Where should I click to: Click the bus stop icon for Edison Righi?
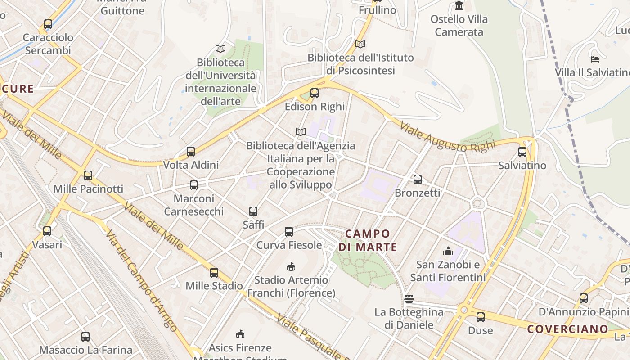pyautogui.click(x=315, y=93)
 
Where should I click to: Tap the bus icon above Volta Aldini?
pyautogui.click(x=191, y=152)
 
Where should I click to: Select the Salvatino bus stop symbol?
pyautogui.click(x=522, y=152)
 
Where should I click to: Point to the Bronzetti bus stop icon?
pyautogui.click(x=418, y=180)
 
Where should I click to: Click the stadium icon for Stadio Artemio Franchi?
pyautogui.click(x=291, y=266)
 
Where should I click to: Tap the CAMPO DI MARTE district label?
pyautogui.click(x=368, y=240)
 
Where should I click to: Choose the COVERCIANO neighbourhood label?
pyautogui.click(x=568, y=329)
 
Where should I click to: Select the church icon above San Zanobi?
pyautogui.click(x=448, y=251)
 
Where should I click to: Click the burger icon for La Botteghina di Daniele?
pyautogui.click(x=409, y=298)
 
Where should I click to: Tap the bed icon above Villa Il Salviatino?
pyautogui.click(x=594, y=59)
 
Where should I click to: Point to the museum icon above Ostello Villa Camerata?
pyautogui.click(x=459, y=6)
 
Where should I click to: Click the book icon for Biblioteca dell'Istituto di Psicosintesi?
pyautogui.click(x=360, y=44)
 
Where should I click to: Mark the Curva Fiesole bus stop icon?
pyautogui.click(x=289, y=232)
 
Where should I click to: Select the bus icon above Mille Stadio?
pyautogui.click(x=214, y=272)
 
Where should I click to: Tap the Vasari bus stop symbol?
pyautogui.click(x=47, y=231)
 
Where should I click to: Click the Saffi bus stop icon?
pyautogui.click(x=253, y=211)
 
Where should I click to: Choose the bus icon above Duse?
pyautogui.click(x=481, y=317)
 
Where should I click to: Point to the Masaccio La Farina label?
pyautogui.click(x=85, y=350)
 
